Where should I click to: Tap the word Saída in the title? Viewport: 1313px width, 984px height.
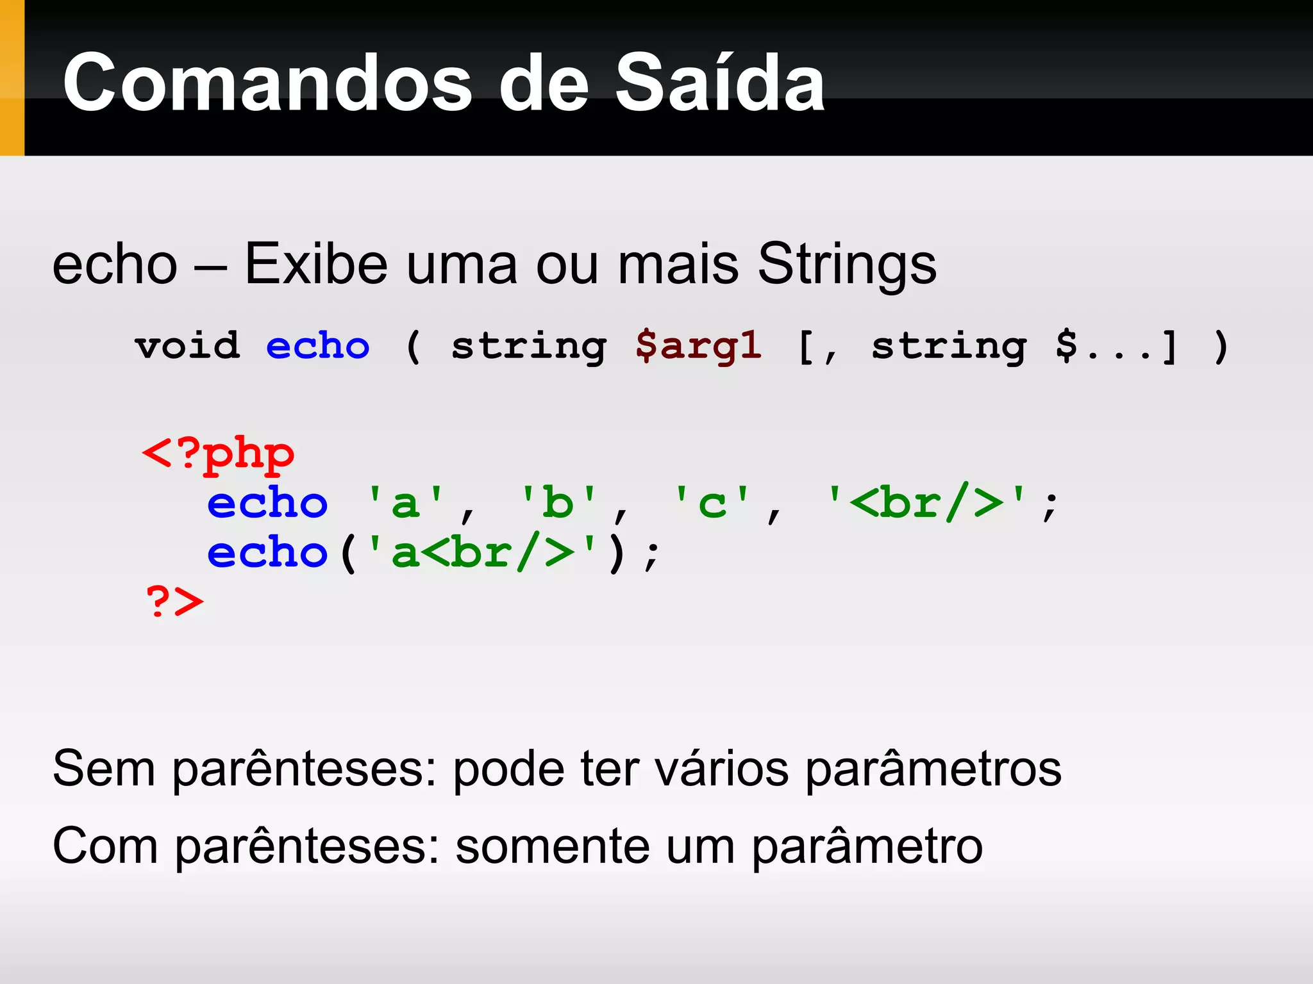pos(719,83)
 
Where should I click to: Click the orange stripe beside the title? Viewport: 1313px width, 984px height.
pos(12,78)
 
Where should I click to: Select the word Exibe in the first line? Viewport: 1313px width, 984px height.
pos(316,264)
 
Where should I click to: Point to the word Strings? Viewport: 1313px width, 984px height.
pos(847,264)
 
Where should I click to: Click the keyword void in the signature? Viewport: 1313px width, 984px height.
pos(187,346)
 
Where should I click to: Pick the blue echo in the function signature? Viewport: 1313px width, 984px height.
pos(318,346)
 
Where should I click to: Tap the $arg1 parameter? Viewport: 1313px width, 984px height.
pos(698,346)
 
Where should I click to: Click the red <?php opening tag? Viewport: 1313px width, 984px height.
pos(218,454)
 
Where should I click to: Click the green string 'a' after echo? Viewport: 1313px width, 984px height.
pos(405,502)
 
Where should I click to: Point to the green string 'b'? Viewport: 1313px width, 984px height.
pos(558,502)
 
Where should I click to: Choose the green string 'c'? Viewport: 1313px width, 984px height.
pos(712,502)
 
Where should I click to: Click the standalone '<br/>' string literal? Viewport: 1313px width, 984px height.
pos(926,502)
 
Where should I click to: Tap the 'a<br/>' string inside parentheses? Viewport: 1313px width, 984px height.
pos(482,552)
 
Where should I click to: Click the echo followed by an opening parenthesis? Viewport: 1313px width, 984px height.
pos(267,552)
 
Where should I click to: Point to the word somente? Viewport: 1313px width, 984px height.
pos(553,846)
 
